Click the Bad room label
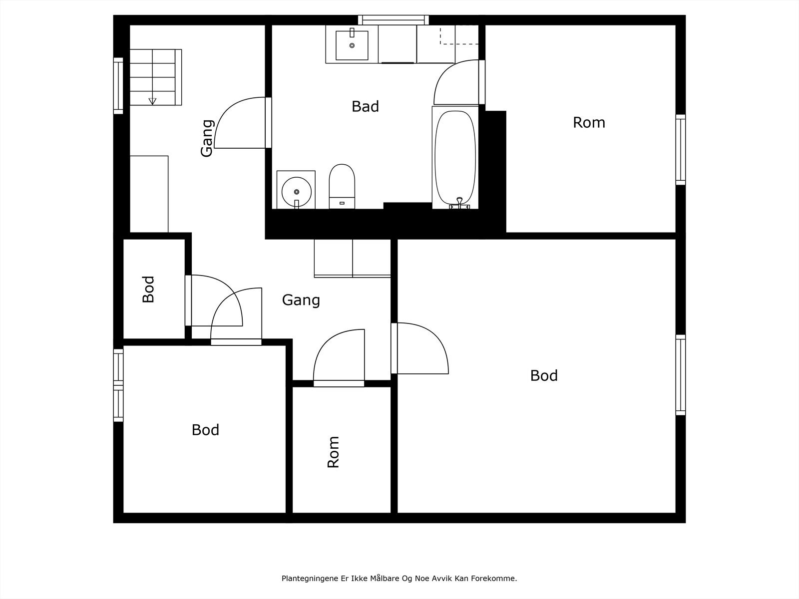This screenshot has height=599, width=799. (x=365, y=106)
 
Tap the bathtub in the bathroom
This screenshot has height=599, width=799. (x=455, y=157)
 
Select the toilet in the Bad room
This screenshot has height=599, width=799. (x=342, y=186)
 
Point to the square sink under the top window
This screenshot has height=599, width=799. (x=352, y=45)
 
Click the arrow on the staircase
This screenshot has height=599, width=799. (x=152, y=101)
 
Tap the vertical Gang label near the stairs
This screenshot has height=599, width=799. (x=206, y=138)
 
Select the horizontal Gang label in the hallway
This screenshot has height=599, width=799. (x=301, y=300)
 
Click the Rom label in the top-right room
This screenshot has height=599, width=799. (x=589, y=123)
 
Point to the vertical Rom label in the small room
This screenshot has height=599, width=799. (x=333, y=452)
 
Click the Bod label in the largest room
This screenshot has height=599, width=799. (x=544, y=376)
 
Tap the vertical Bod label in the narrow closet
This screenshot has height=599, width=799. (x=148, y=290)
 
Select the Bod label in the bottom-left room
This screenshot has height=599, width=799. (x=205, y=430)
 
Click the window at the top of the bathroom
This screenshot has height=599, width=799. (x=393, y=19)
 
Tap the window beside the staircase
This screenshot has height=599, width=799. (x=118, y=85)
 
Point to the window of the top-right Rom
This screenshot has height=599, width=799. (x=680, y=149)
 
